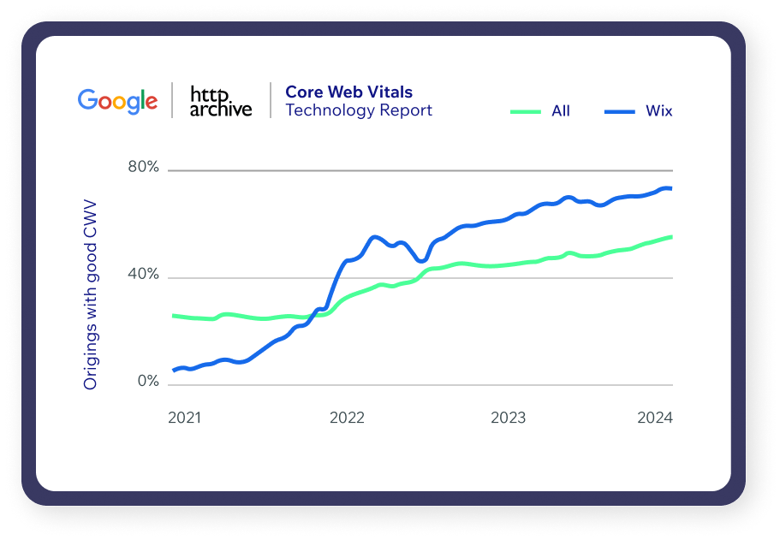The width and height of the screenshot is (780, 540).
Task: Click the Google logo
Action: tap(117, 102)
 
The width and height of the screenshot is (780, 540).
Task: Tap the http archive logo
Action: tap(221, 102)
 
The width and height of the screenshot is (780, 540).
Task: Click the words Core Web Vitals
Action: tap(348, 92)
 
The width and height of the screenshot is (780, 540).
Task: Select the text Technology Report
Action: tap(359, 110)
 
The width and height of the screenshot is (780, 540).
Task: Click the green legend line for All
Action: tap(526, 111)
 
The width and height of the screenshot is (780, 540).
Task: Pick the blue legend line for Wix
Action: tap(619, 111)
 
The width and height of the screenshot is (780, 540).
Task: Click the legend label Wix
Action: tap(658, 110)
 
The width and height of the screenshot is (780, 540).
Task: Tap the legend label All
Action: tap(561, 110)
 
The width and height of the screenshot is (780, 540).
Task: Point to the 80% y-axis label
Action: tap(143, 167)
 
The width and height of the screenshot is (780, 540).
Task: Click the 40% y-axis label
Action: tap(143, 274)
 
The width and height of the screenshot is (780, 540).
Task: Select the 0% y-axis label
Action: tap(148, 381)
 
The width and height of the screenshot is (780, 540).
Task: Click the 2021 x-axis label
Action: tap(185, 418)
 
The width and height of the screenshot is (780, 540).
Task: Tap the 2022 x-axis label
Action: tap(347, 418)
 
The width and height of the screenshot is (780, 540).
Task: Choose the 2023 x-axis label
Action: tap(508, 418)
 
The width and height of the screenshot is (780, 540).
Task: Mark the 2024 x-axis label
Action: tap(655, 418)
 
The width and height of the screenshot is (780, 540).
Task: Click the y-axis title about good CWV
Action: tap(90, 294)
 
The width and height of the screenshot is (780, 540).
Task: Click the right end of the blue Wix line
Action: tap(671, 188)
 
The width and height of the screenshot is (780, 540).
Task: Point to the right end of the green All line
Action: tap(671, 237)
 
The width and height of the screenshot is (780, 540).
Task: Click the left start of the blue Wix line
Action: tap(174, 371)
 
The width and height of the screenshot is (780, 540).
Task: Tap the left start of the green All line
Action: tap(173, 316)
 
